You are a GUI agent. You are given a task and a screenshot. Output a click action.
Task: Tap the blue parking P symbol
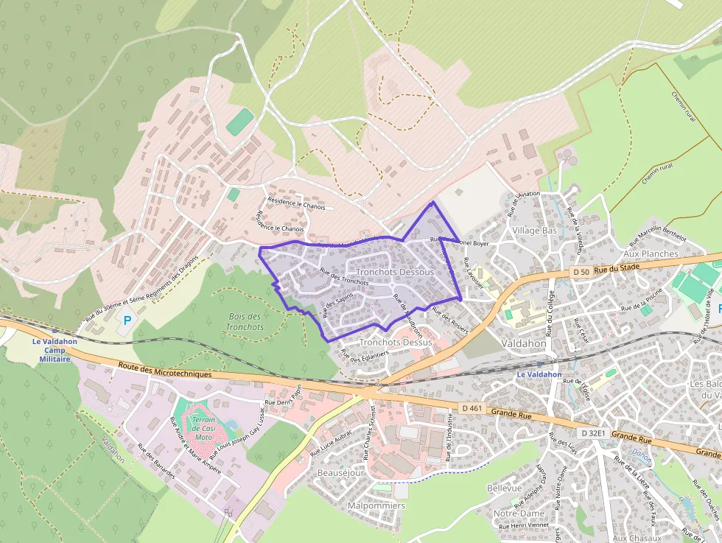[x=127, y=320]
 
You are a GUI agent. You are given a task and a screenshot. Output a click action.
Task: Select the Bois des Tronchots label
[x=245, y=321]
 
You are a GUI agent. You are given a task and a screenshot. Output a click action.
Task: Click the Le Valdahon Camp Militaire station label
[x=55, y=350]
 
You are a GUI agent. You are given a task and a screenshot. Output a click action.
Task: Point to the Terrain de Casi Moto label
[x=203, y=428]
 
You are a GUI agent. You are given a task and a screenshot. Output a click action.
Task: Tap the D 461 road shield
[x=472, y=407]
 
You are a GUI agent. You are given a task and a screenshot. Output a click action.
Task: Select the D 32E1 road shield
[x=592, y=433]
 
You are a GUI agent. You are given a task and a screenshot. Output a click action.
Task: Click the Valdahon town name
[x=523, y=343]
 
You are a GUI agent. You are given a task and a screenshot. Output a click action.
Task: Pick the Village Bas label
[x=535, y=231]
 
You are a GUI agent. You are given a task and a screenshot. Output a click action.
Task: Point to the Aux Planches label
[x=651, y=253]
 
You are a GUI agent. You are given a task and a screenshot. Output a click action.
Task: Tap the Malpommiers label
[x=376, y=506]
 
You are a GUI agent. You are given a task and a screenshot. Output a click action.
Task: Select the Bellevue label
[x=505, y=488]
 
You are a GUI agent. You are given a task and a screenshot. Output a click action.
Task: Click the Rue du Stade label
[x=615, y=269]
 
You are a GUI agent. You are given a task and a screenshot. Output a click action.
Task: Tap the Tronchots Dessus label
[x=396, y=343]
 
